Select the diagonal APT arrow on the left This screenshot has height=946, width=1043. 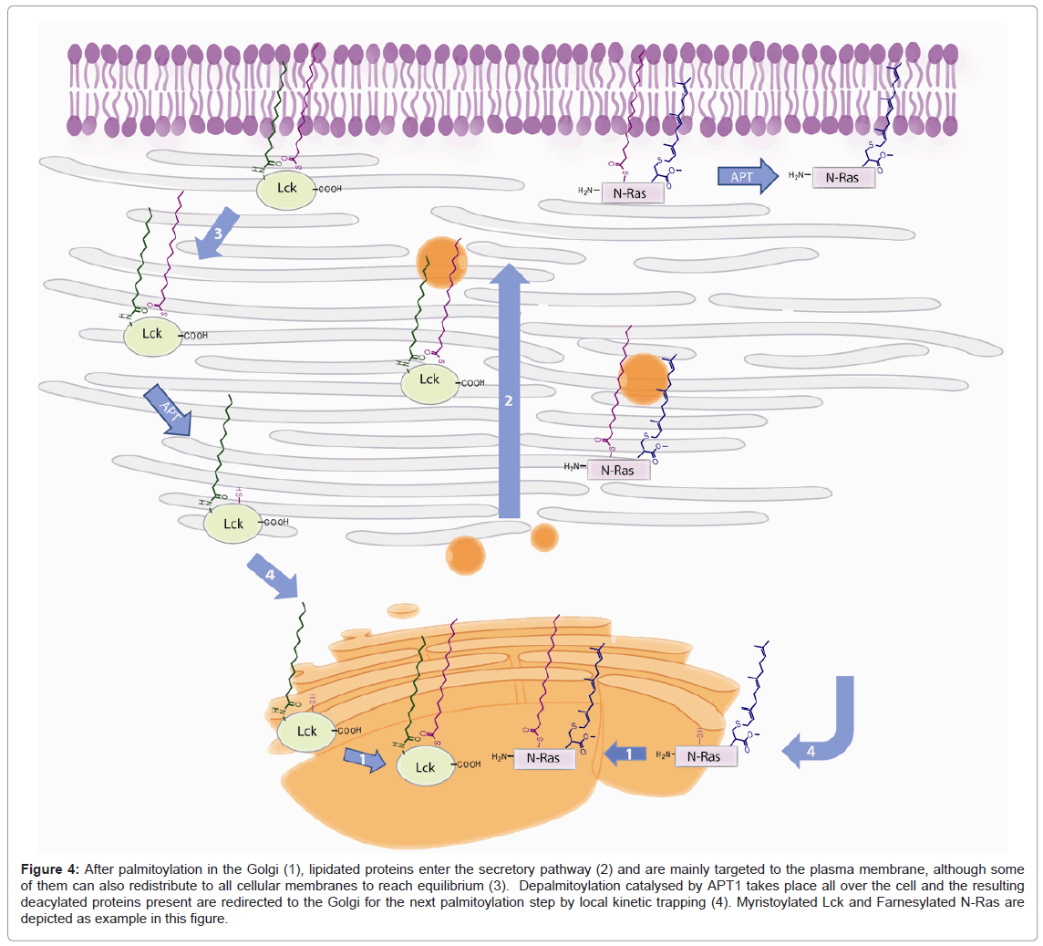168,409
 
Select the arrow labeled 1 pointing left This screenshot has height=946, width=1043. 627,754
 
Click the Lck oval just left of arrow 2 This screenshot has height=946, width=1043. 429,380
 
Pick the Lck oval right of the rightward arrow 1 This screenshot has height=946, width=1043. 426,767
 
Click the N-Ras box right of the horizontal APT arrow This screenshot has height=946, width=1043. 842,178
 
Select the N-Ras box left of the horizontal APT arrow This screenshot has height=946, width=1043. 633,192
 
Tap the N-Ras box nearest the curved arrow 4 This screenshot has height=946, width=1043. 706,756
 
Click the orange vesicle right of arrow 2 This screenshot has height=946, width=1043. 645,378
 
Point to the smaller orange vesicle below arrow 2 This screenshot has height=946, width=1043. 544,536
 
